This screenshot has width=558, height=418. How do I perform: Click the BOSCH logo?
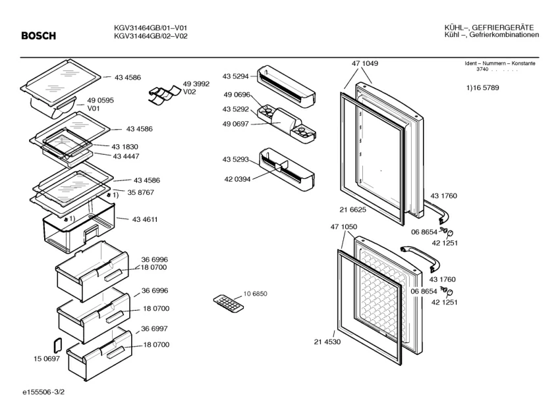tap(38, 36)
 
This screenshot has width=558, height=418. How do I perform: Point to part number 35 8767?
tap(141, 192)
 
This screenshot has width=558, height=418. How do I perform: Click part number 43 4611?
tap(144, 219)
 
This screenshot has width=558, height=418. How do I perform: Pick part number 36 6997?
tap(154, 328)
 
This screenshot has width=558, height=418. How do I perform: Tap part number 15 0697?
tap(46, 358)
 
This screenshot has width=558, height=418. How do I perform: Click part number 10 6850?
tap(256, 294)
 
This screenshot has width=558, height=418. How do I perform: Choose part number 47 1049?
tap(365, 63)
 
